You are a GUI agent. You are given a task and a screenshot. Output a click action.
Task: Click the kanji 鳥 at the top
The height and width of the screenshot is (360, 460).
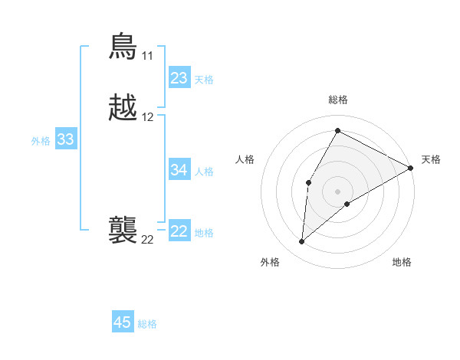123,47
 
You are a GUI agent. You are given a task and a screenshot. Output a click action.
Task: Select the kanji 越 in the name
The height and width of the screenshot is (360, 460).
123,109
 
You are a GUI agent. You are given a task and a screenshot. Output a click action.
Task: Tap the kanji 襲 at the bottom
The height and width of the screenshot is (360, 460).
123,231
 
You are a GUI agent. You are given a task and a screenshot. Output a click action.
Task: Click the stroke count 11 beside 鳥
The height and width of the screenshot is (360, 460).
147,56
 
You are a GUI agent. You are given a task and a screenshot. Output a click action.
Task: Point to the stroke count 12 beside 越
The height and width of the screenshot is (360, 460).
148,117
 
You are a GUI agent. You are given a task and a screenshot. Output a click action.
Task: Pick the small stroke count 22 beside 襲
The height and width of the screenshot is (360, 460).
147,240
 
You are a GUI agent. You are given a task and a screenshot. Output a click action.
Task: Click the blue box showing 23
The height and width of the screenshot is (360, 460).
179,78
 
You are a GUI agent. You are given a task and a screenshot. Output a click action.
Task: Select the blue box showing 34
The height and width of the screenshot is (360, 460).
179,170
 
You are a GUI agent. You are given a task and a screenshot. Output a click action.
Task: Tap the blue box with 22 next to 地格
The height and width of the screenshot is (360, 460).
179,231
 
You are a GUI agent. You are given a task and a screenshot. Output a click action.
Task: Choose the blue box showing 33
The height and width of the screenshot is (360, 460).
66,139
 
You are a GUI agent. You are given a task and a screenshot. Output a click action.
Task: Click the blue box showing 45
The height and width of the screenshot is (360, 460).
123,322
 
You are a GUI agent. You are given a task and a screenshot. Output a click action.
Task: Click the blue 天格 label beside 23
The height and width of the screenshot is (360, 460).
204,80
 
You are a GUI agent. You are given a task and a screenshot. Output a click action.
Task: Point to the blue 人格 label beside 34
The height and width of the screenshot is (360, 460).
204,172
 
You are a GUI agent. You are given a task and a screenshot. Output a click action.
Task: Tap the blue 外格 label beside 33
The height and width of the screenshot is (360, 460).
41,141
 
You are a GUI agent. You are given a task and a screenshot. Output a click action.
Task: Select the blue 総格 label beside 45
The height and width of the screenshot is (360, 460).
147,324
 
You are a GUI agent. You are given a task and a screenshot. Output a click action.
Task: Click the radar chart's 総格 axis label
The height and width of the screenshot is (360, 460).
337,100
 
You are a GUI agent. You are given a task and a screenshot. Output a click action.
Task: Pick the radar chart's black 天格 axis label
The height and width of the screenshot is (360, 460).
431,159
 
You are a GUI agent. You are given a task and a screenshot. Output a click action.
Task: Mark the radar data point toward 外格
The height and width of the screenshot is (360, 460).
302,242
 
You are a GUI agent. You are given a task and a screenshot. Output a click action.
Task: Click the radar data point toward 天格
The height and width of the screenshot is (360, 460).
411,169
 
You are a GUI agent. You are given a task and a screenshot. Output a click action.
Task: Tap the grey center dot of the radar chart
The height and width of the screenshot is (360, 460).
337,191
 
